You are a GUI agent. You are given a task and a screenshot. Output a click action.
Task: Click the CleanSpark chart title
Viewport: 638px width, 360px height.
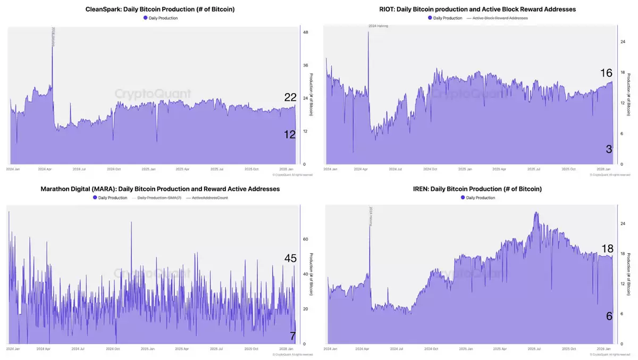pyautogui.click(x=160, y=10)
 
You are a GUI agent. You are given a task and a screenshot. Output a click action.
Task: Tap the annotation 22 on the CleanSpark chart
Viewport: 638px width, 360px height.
pyautogui.click(x=290, y=97)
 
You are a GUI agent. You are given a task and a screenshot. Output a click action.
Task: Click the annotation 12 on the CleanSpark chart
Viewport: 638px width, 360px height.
pyautogui.click(x=289, y=135)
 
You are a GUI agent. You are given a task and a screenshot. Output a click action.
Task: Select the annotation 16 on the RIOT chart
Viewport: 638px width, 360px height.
pyautogui.click(x=606, y=73)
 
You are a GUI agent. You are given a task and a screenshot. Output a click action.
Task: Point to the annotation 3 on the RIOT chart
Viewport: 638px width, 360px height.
pyautogui.click(x=609, y=149)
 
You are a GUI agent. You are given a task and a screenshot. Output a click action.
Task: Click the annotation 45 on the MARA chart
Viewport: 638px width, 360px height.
pyautogui.click(x=290, y=258)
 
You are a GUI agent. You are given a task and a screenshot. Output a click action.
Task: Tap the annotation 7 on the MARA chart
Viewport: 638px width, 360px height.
pyautogui.click(x=292, y=336)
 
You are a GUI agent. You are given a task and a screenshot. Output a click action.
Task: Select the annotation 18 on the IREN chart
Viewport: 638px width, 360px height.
pyautogui.click(x=607, y=248)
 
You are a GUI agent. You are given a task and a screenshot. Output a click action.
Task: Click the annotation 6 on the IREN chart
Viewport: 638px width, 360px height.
pyautogui.click(x=609, y=316)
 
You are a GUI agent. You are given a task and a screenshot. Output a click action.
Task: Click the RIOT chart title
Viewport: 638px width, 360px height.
pyautogui.click(x=477, y=10)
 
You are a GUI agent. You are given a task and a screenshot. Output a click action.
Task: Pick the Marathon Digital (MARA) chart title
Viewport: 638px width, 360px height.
pyautogui.click(x=160, y=189)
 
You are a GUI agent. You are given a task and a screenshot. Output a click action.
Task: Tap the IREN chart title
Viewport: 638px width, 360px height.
pyautogui.click(x=477, y=189)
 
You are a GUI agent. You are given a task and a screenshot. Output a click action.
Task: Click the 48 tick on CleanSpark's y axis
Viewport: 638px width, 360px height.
pyautogui.click(x=305, y=32)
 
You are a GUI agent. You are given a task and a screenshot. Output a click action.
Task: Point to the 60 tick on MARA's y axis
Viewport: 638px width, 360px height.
pyautogui.click(x=305, y=239)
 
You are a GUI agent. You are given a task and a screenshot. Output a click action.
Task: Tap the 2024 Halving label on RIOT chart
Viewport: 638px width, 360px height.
pyautogui.click(x=378, y=26)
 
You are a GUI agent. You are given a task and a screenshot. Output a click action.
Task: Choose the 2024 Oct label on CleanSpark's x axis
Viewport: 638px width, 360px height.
pyautogui.click(x=114, y=169)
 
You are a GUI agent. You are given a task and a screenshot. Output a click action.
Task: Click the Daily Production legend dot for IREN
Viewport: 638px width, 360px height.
pyautogui.click(x=463, y=198)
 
